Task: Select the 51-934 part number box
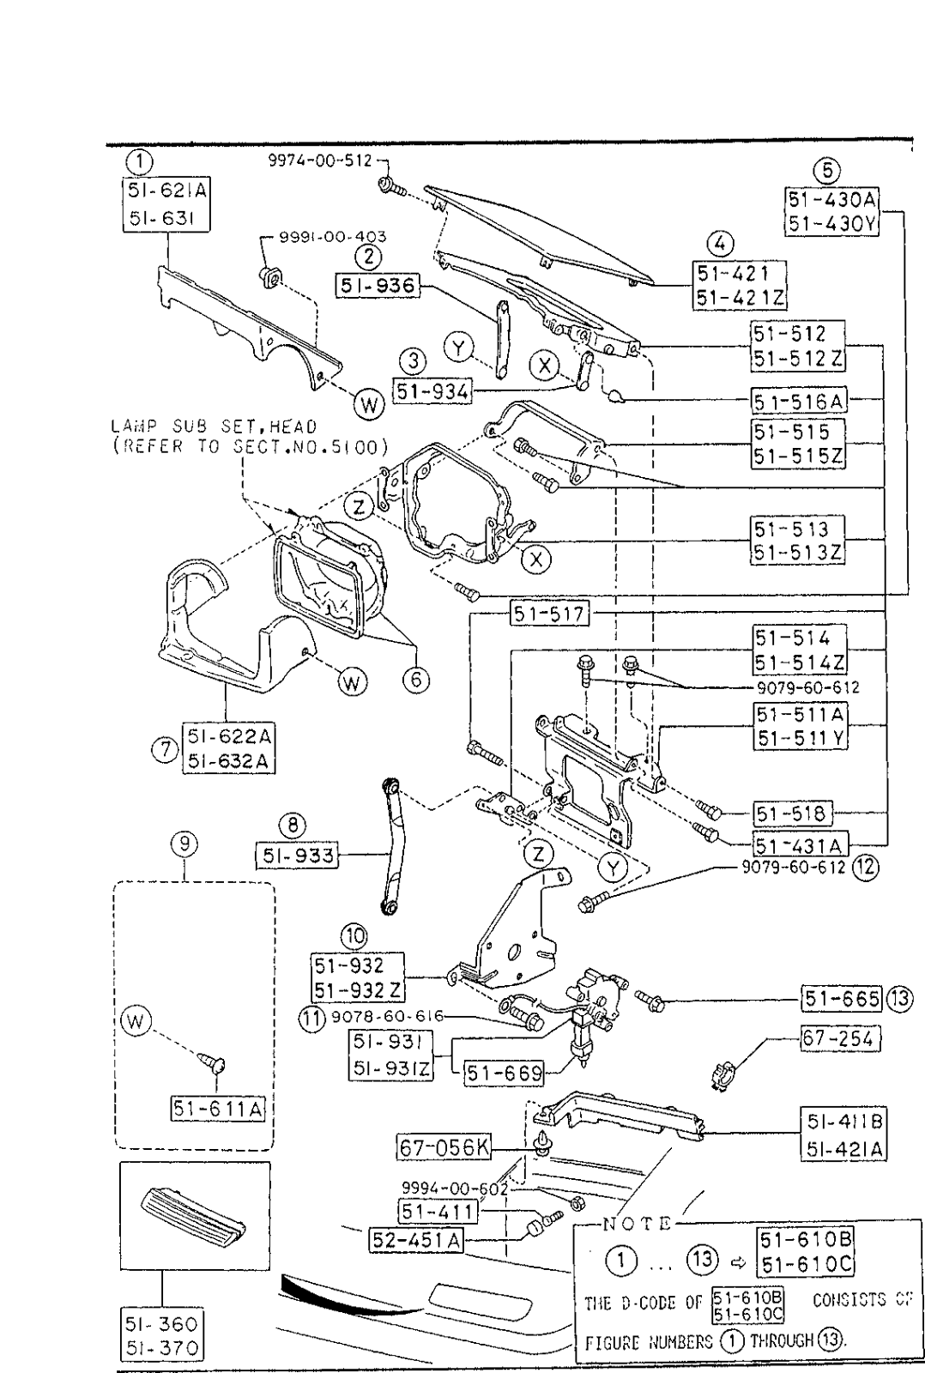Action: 432,391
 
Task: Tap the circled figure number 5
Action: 828,170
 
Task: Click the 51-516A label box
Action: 799,401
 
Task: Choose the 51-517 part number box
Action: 549,614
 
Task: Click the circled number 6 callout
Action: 416,680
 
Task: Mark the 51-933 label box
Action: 295,855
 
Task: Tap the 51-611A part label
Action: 217,1109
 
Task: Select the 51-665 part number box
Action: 841,998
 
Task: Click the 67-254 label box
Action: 840,1038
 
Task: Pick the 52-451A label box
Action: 415,1240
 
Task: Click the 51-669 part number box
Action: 504,1072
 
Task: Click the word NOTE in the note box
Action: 636,1223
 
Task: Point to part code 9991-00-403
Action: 333,236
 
